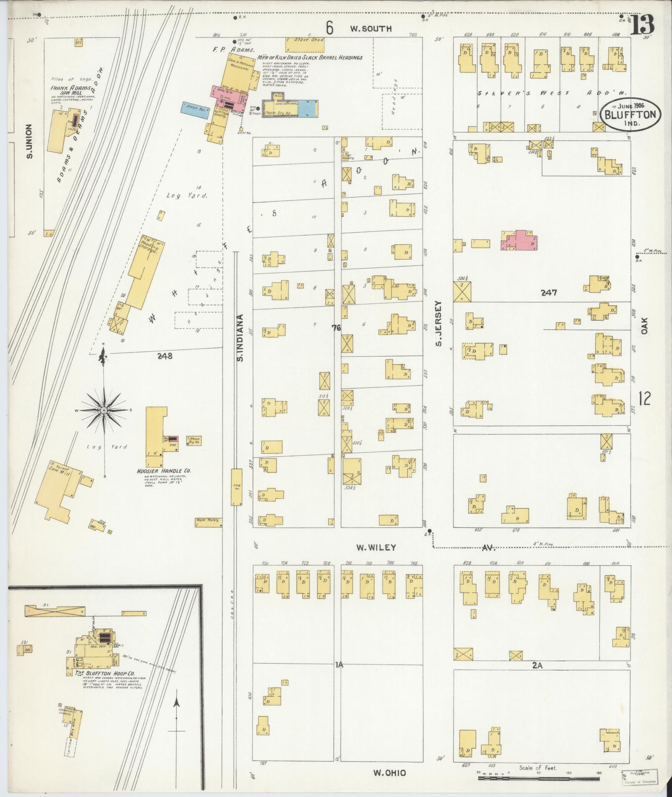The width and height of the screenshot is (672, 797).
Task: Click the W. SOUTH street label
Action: coord(365,28)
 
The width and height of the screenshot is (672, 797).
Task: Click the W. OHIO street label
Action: coord(389,773)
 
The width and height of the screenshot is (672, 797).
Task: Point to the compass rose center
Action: coord(103,410)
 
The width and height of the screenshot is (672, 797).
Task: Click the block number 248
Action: coord(165,356)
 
